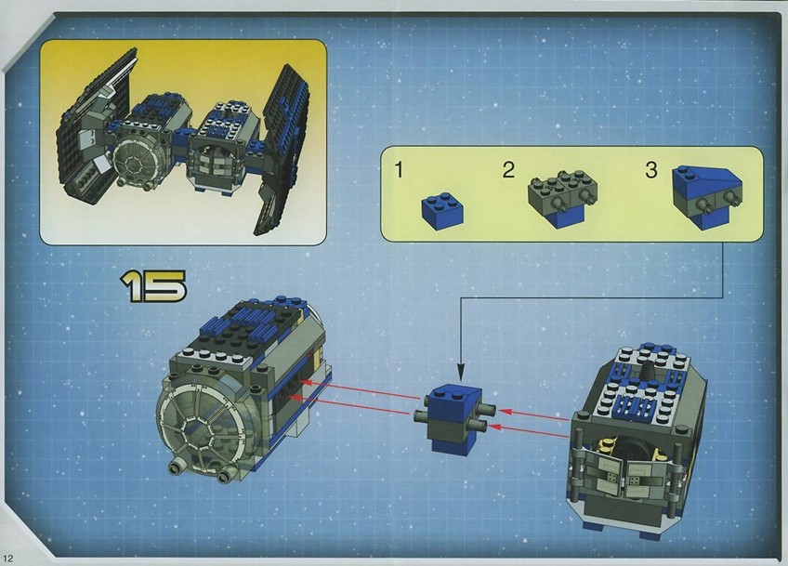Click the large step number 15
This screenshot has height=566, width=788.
(152, 286)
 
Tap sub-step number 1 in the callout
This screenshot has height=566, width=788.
(399, 170)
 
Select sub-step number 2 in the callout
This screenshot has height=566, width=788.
(508, 170)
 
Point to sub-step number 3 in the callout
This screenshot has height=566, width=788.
(651, 170)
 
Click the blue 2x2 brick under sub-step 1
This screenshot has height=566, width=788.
(441, 212)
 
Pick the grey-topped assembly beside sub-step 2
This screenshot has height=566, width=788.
(563, 199)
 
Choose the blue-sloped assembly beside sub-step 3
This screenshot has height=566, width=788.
(707, 196)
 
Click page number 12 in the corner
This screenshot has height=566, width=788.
(9, 558)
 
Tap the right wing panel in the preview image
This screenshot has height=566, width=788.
(282, 150)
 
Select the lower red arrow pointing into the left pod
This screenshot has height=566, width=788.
(350, 405)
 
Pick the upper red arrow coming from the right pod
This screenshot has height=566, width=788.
(537, 415)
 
